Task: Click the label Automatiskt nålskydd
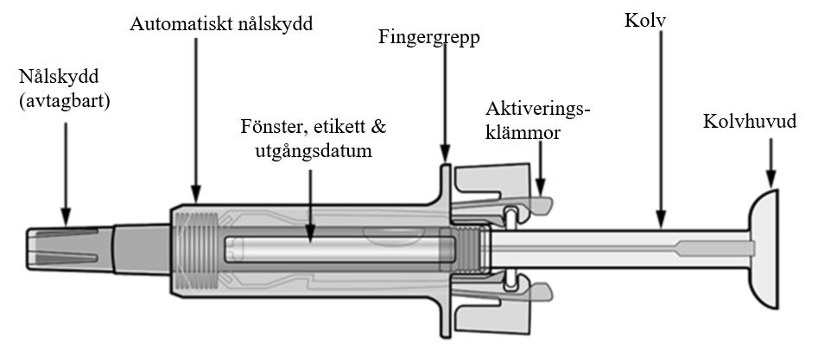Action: (x=221, y=24)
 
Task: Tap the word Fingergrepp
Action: (x=429, y=38)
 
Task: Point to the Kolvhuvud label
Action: (x=750, y=122)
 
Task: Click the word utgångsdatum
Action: (x=314, y=151)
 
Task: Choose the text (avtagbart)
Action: (x=65, y=101)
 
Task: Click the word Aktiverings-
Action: (x=538, y=109)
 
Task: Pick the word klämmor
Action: (x=523, y=133)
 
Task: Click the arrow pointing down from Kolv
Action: (x=661, y=129)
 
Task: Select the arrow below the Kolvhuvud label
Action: (x=770, y=163)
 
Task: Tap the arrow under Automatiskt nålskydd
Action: (x=195, y=119)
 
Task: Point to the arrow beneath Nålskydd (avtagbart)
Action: (x=65, y=174)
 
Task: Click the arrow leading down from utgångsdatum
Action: (x=310, y=206)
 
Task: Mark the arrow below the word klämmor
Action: (x=541, y=167)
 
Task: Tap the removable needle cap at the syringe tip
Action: (x=70, y=249)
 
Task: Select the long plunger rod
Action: (x=621, y=249)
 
